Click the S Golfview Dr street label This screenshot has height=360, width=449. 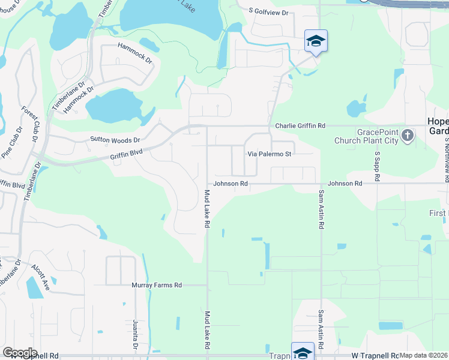tap(268, 12)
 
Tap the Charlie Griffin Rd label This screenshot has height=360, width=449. tap(300, 126)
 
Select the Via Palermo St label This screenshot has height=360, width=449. tap(270, 154)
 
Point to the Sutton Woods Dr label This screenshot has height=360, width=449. tap(115, 140)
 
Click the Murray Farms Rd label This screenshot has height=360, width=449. tap(157, 286)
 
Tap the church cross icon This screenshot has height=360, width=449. tap(408, 135)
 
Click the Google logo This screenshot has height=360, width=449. tap(20, 353)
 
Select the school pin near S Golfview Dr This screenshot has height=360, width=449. tap(316, 41)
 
